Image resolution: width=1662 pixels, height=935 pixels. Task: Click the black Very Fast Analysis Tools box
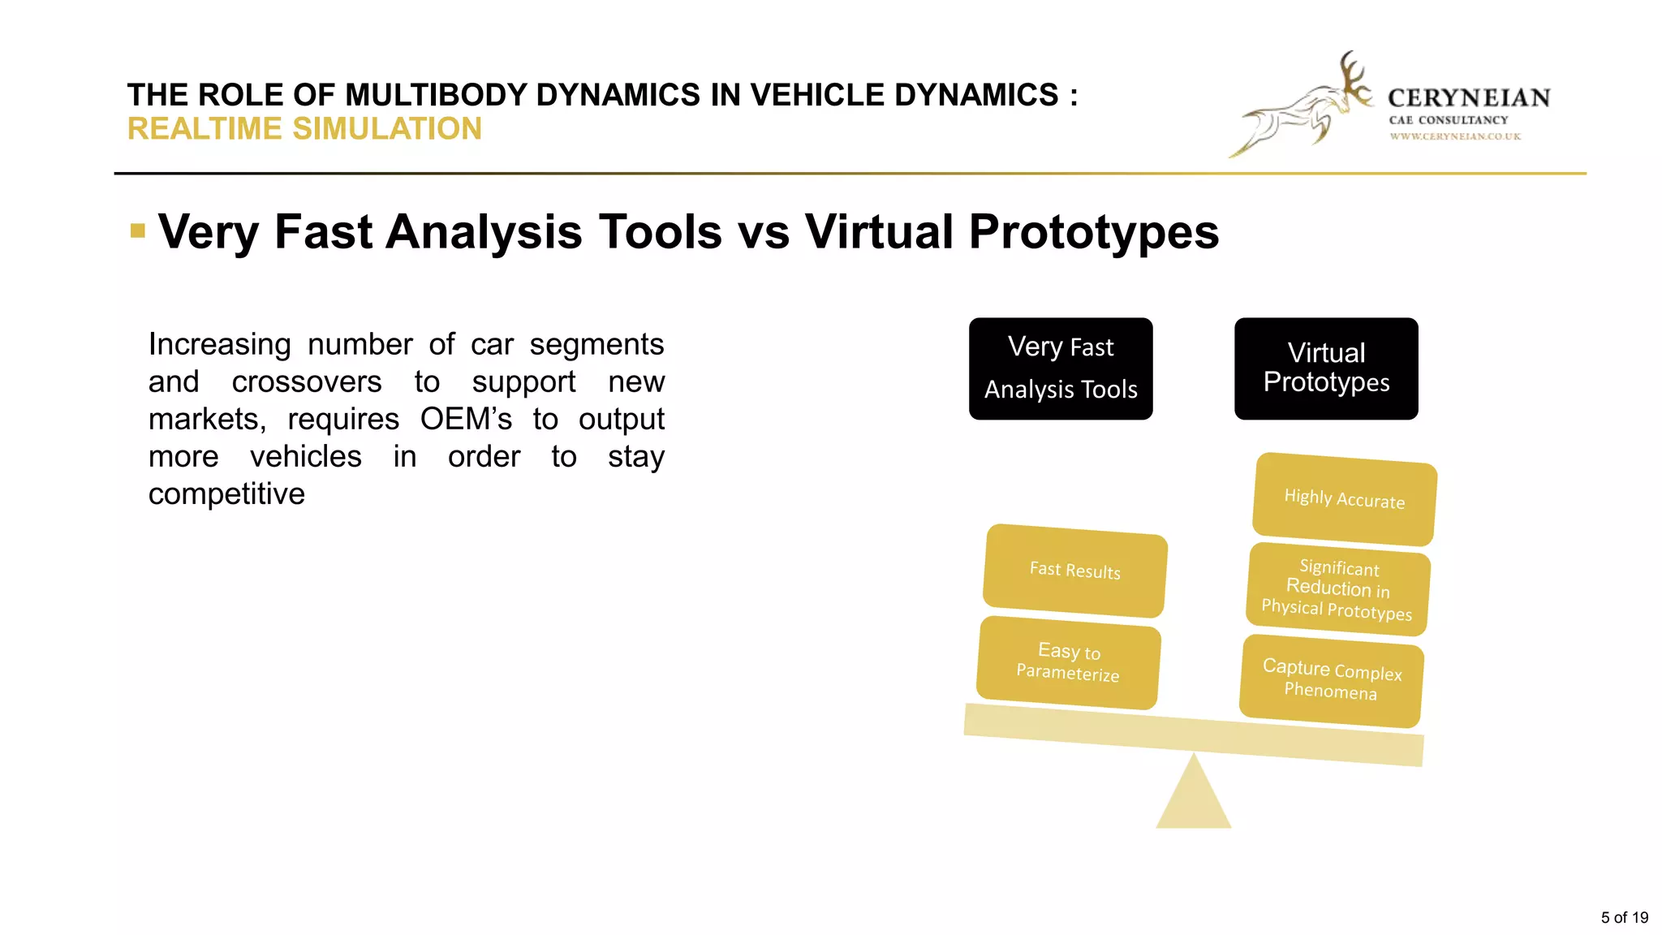click(1061, 368)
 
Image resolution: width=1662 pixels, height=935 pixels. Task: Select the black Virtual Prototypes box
click(1326, 368)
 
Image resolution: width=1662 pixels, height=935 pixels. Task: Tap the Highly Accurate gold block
click(1344, 499)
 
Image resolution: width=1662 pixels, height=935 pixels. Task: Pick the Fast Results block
click(1074, 571)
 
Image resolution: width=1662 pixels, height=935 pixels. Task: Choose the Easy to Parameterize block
click(1068, 662)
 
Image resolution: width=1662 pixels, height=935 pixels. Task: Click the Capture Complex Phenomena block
click(1331, 680)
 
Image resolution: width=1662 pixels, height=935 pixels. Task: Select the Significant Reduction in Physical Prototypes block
click(1337, 590)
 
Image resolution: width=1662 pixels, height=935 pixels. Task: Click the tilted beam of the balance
click(1193, 735)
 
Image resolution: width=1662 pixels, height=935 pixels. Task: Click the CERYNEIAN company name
click(1469, 98)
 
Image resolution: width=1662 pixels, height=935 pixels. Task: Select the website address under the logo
click(1455, 136)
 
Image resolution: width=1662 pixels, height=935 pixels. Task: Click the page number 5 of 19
click(1624, 917)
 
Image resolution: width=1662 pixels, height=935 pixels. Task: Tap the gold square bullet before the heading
click(138, 231)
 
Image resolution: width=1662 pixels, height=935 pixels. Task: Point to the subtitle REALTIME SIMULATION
click(304, 129)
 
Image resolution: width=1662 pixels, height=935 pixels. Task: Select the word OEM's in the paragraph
click(466, 420)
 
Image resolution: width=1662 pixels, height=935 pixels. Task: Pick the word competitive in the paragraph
click(226, 494)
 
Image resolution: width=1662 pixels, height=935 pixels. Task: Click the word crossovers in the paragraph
click(306, 382)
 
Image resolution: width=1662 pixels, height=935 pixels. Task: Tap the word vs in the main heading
click(763, 233)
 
